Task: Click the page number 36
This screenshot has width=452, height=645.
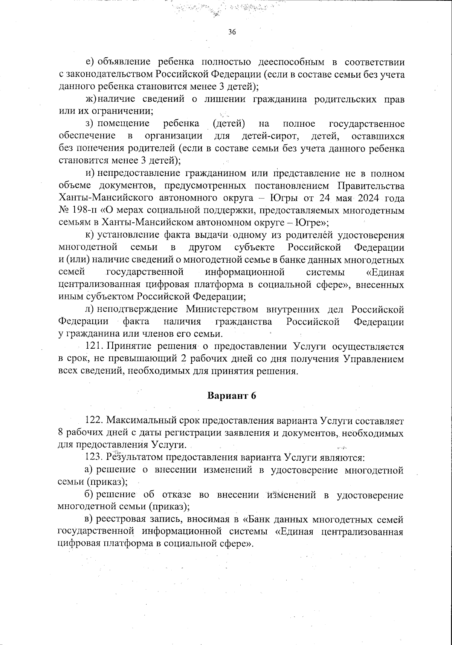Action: point(232,32)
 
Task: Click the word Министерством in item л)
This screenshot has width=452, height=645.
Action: point(222,309)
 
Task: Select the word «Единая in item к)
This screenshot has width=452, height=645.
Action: point(385,272)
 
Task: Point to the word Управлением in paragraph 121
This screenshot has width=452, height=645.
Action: point(374,359)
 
